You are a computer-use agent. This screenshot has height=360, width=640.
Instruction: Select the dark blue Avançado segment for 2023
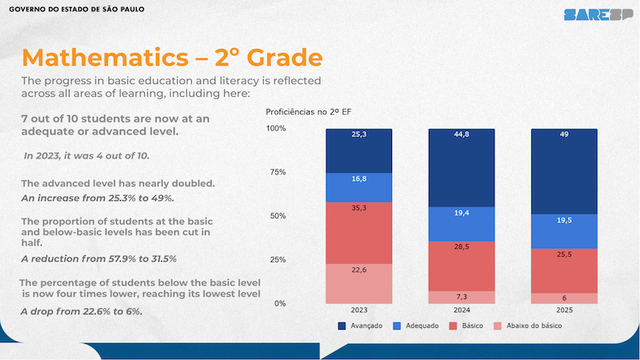click(x=358, y=150)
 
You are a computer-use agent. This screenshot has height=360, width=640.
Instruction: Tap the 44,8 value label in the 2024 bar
click(x=462, y=134)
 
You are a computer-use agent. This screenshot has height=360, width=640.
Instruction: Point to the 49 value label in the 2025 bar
click(x=564, y=134)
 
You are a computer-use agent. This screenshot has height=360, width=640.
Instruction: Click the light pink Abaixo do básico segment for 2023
click(x=358, y=284)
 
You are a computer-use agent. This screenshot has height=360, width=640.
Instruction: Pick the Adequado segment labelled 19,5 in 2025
click(x=564, y=231)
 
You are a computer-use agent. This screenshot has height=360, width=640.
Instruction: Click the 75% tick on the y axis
click(x=275, y=172)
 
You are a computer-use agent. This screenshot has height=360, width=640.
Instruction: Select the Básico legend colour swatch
click(x=453, y=326)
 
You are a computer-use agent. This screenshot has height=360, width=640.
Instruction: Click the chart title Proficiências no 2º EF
click(x=309, y=113)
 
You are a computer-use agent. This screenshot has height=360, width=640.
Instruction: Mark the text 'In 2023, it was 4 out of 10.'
click(x=87, y=155)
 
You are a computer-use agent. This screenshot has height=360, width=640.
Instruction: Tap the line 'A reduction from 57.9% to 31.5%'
click(x=98, y=258)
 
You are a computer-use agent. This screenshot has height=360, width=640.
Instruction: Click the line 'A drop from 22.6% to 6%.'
click(x=82, y=311)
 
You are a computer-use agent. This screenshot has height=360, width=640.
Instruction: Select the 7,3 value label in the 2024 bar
click(x=462, y=298)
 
